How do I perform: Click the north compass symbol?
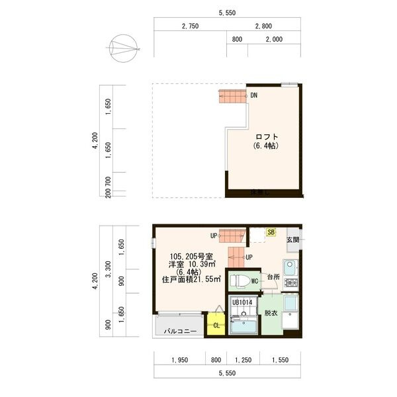[124, 48]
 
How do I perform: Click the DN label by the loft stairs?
[254, 95]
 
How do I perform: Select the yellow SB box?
[271, 232]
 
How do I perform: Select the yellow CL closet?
[216, 325]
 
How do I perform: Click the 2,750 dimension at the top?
[190, 26]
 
